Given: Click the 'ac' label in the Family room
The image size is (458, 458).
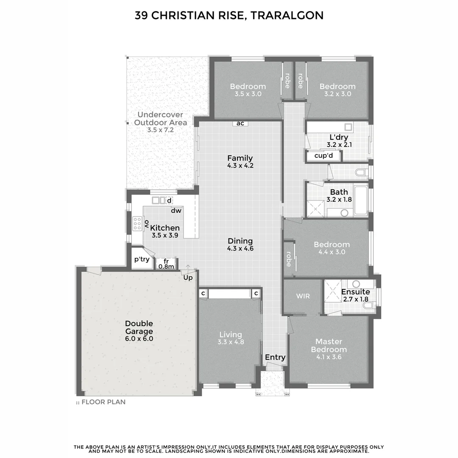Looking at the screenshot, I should pos(240,123).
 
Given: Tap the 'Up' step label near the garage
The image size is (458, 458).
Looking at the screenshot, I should pos(188,277).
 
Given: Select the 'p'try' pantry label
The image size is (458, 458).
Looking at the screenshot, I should pos(142,259).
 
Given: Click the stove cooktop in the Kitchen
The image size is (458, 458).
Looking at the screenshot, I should pos(137,223).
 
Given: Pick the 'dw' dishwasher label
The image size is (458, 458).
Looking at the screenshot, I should pos(176,210).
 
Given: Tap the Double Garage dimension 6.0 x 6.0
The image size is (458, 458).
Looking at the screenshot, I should pos(139,339).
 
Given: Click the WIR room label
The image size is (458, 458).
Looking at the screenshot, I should pos(303,296).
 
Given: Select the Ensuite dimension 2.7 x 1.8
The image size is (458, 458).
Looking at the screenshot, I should pos(355,299).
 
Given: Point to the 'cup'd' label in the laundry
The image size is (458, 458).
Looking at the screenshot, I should pos(324,156).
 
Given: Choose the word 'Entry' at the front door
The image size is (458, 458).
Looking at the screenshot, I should pos(275,357).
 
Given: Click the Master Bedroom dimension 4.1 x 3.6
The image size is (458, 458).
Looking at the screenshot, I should pos(329,357).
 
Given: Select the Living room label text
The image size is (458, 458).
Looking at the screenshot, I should pos(230,335).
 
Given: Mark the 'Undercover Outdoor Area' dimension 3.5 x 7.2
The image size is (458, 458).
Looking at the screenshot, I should pos(161,130).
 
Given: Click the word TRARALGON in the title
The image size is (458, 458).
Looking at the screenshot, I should pos(287,16).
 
